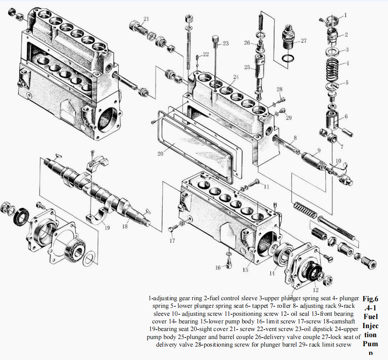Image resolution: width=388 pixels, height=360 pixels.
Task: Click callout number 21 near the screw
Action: point(146,18)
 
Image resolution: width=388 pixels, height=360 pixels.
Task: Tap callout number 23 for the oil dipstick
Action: point(226,44)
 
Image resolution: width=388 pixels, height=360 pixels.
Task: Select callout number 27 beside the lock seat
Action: point(304,41)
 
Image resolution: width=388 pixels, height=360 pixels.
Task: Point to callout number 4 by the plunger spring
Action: point(347,63)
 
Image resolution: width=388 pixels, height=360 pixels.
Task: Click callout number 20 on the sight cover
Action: point(160,153)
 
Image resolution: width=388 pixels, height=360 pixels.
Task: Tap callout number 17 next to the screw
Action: point(172,240)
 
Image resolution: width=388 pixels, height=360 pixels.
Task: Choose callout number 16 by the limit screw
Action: point(218,268)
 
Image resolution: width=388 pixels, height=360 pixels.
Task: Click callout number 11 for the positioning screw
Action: point(267,187)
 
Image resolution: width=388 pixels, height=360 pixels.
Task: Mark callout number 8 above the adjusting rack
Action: point(295,138)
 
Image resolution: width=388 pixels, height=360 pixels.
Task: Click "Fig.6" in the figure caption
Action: point(370,299)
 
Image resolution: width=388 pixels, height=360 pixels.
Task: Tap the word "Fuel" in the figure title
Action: point(370,317)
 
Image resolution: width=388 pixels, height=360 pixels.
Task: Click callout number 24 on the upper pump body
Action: point(236,77)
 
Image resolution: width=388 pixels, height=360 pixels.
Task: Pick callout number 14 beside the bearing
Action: point(272,273)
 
